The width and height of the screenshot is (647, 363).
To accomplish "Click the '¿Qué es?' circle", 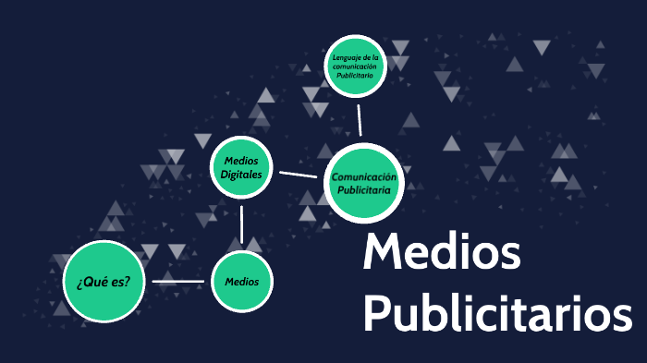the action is (104, 282).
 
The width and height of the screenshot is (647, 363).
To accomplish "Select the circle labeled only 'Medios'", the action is (242, 282).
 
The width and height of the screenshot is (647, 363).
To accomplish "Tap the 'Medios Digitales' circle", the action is (242, 167).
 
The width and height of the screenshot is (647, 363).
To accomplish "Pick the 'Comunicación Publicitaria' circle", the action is (364, 183).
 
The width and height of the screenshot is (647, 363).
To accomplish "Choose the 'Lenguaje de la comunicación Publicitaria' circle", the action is (355, 66).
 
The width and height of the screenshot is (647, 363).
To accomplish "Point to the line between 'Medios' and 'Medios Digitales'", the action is (242, 224).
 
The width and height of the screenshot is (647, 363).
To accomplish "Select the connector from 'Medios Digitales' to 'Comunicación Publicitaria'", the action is (298, 174).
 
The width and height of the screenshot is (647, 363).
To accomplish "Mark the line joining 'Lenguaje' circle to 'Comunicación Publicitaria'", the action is (359, 120).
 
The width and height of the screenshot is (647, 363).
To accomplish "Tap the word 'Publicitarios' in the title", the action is (497, 314).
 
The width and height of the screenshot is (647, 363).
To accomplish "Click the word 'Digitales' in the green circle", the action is (242, 174).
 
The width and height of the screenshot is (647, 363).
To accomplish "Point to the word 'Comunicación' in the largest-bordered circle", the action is (364, 176).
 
